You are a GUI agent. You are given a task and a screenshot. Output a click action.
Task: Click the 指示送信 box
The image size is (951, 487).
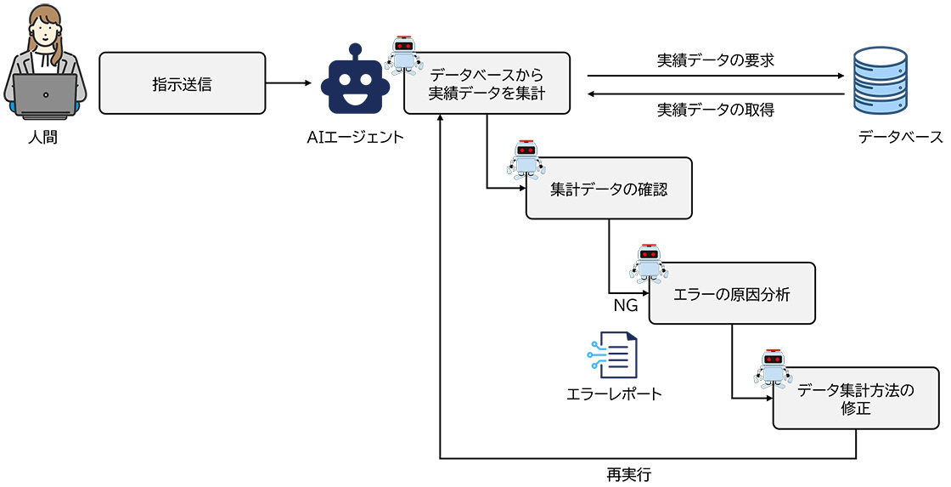(182, 84)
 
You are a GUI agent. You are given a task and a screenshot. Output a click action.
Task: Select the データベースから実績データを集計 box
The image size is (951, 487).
(486, 84)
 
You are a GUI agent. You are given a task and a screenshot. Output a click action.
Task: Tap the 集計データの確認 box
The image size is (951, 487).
(608, 189)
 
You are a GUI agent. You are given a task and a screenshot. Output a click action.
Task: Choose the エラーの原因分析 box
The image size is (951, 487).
(731, 294)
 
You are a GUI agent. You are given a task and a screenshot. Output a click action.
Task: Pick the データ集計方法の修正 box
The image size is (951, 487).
(856, 399)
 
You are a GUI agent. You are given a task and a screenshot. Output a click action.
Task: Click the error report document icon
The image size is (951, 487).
(613, 355)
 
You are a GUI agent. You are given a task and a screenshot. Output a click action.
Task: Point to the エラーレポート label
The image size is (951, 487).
(614, 394)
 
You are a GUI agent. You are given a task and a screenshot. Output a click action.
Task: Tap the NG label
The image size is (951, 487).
(626, 305)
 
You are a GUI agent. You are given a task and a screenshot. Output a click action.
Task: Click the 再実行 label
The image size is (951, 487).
(629, 474)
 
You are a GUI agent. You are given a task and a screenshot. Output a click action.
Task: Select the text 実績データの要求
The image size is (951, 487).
(715, 61)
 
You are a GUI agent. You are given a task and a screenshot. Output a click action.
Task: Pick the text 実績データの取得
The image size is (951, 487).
(715, 110)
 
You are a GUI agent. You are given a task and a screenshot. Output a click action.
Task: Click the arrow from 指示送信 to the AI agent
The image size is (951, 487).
(289, 83)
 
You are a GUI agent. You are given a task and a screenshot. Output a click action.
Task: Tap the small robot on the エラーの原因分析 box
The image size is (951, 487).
(649, 263)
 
